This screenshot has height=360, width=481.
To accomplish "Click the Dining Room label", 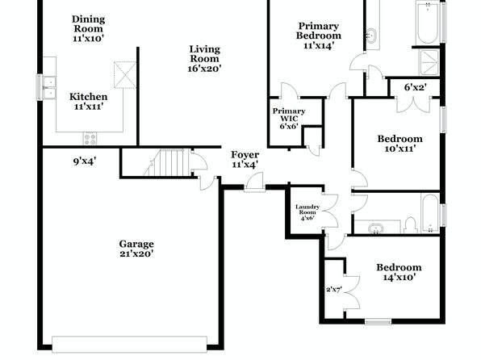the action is [88, 24].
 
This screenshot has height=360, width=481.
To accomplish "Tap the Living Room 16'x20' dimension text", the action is [205, 69].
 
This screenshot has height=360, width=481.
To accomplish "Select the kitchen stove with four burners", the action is [90, 138].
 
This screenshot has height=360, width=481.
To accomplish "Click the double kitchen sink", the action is [49, 87].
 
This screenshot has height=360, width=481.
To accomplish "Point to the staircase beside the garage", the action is [166, 163].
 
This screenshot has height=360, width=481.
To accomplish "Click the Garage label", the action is [136, 244].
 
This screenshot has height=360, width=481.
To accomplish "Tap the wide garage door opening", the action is [129, 344].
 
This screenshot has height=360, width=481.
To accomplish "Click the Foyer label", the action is [245, 155].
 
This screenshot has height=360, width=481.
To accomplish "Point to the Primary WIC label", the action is [289, 115].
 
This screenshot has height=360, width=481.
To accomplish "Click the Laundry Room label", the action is [307, 209].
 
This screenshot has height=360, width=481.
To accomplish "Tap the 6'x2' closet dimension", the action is [416, 87].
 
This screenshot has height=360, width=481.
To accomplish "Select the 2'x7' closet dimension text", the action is [334, 289].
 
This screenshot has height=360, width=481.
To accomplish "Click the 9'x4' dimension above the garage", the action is [85, 161].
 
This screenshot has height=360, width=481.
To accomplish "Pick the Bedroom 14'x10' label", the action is [399, 272].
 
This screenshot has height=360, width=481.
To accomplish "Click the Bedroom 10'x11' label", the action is [399, 144].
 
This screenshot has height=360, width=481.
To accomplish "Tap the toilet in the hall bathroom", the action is [411, 225].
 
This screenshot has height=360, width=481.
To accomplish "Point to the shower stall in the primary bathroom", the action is [429, 62].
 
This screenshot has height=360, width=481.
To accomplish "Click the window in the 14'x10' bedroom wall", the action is [378, 321].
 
